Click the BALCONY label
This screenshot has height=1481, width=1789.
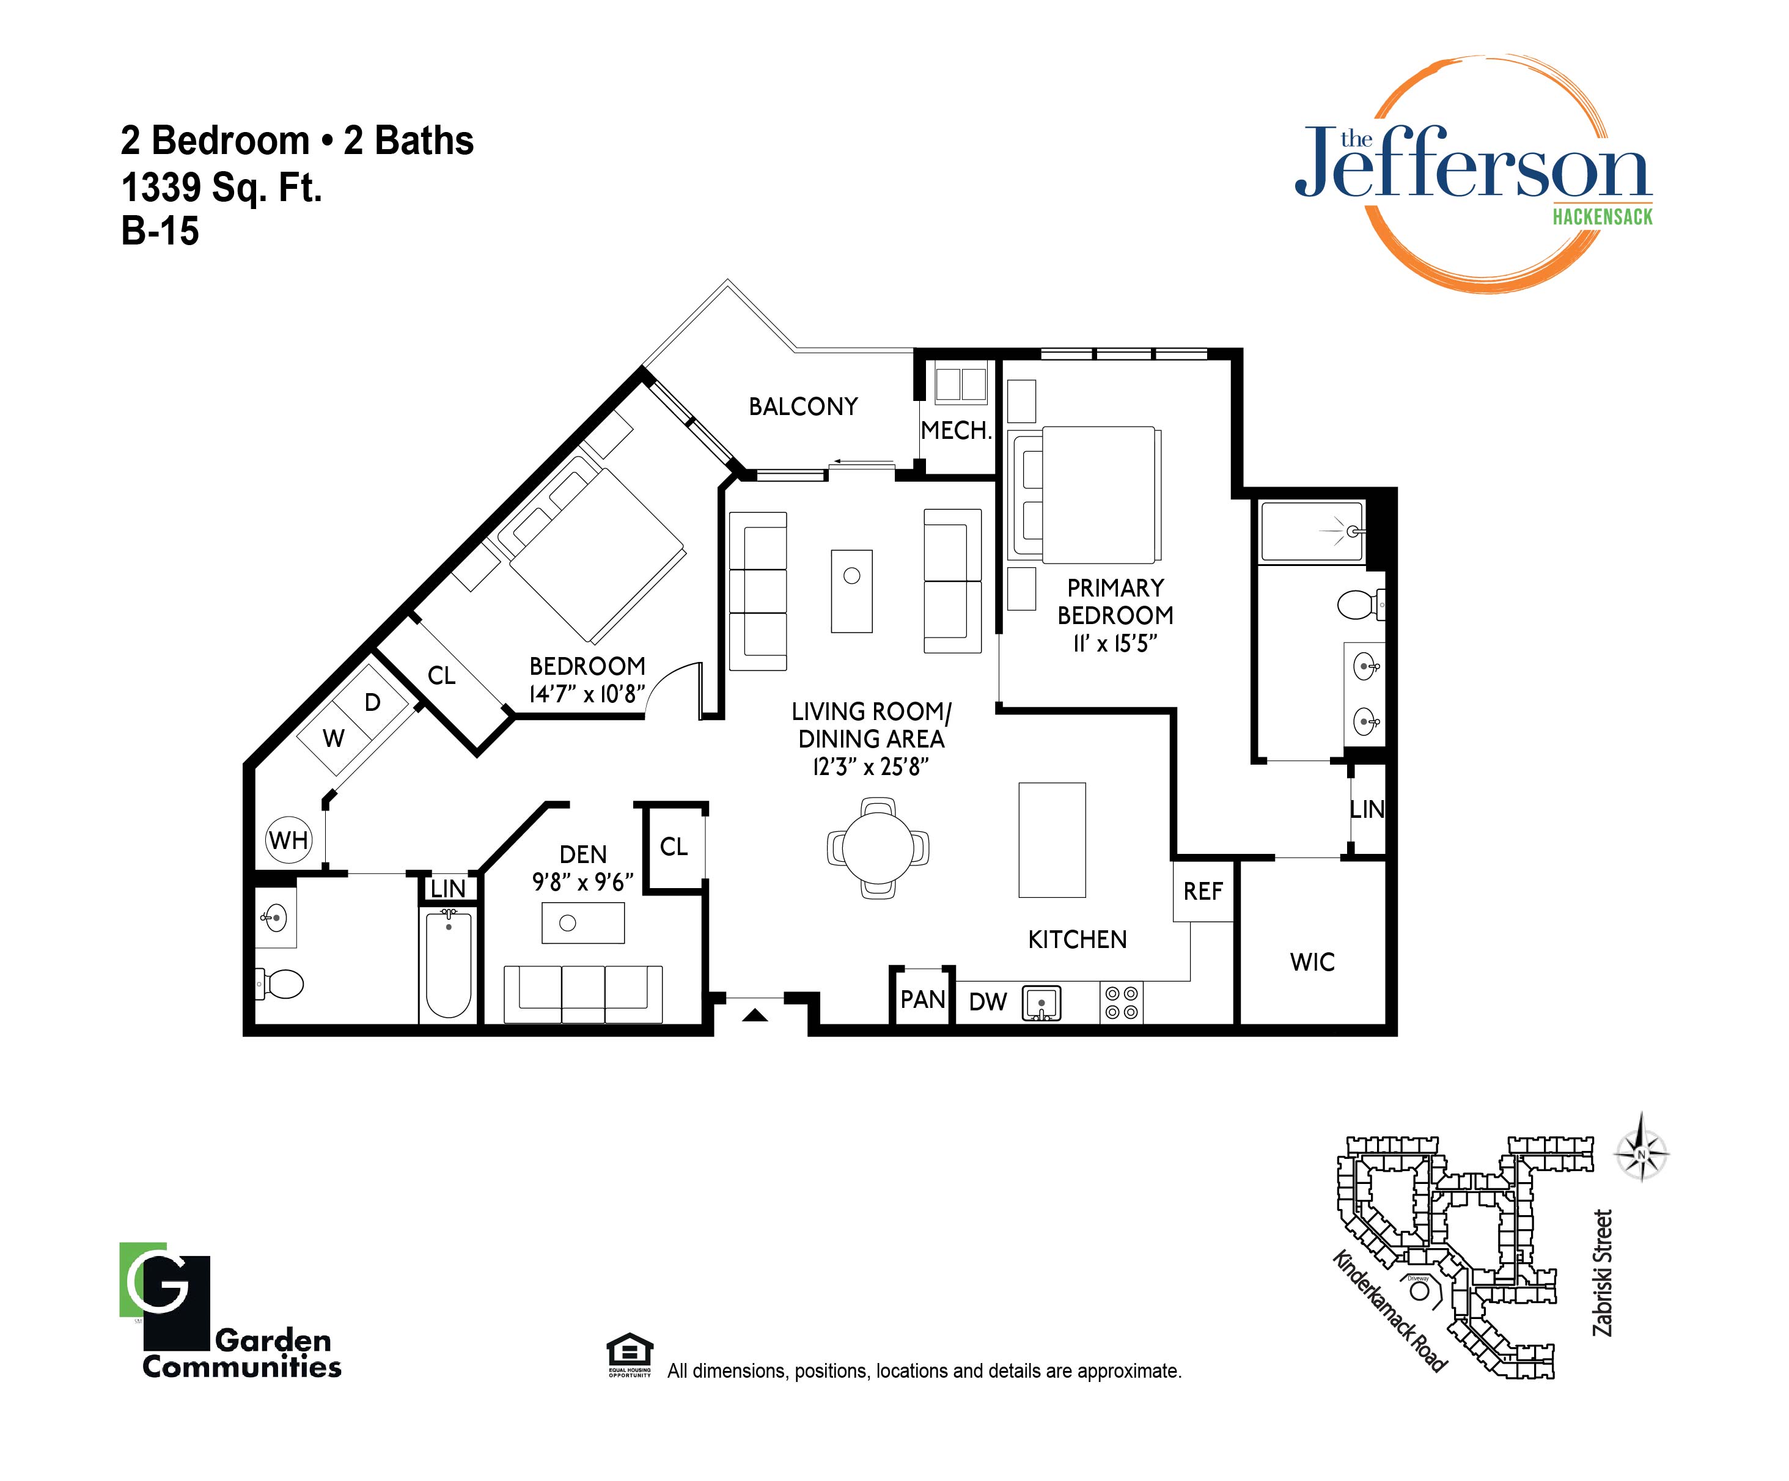click(x=803, y=406)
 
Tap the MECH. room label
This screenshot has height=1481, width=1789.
click(x=957, y=430)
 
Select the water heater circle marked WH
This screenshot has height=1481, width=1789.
click(x=289, y=840)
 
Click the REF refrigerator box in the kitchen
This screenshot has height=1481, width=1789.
click(x=1203, y=891)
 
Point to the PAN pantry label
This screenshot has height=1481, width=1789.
click(x=922, y=999)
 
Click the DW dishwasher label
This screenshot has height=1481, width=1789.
click(x=988, y=1002)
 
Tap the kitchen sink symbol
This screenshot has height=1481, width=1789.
click(x=1041, y=1003)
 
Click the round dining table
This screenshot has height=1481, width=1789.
click(x=878, y=848)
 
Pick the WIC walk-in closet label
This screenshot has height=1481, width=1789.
click(x=1312, y=962)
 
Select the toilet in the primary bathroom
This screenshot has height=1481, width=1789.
click(x=1361, y=605)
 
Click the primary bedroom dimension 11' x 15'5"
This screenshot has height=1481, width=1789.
click(x=1115, y=644)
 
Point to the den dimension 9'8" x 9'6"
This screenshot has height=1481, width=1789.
click(x=582, y=882)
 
